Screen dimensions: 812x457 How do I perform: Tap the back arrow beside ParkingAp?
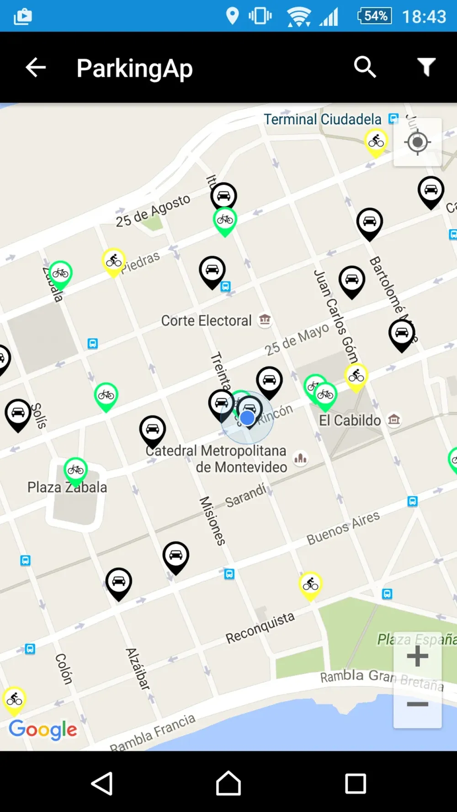click(x=36, y=68)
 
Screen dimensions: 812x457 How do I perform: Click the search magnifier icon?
click(x=365, y=68)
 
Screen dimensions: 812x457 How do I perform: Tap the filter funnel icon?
click(x=426, y=68)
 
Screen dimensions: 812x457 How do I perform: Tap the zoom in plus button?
click(x=417, y=657)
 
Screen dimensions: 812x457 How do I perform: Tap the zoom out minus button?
click(x=417, y=704)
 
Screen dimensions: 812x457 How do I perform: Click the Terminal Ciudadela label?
click(x=322, y=120)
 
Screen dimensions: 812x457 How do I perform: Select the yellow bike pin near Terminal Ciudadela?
click(x=376, y=142)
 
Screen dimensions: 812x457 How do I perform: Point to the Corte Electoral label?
click(x=206, y=321)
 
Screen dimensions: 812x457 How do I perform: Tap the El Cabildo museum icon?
click(x=394, y=419)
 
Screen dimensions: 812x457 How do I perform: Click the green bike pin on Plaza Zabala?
click(x=75, y=470)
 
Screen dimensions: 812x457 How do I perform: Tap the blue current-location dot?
click(x=247, y=417)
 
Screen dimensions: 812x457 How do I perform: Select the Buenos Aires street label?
click(x=343, y=528)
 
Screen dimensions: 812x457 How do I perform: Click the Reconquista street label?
click(x=260, y=627)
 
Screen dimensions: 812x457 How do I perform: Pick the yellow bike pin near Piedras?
click(x=114, y=261)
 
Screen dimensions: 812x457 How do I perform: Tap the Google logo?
click(x=43, y=729)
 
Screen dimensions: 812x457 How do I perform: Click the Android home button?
click(x=228, y=783)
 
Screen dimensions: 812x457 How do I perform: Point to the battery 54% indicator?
click(x=375, y=16)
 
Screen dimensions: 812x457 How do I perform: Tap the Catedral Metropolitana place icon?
click(x=301, y=458)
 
